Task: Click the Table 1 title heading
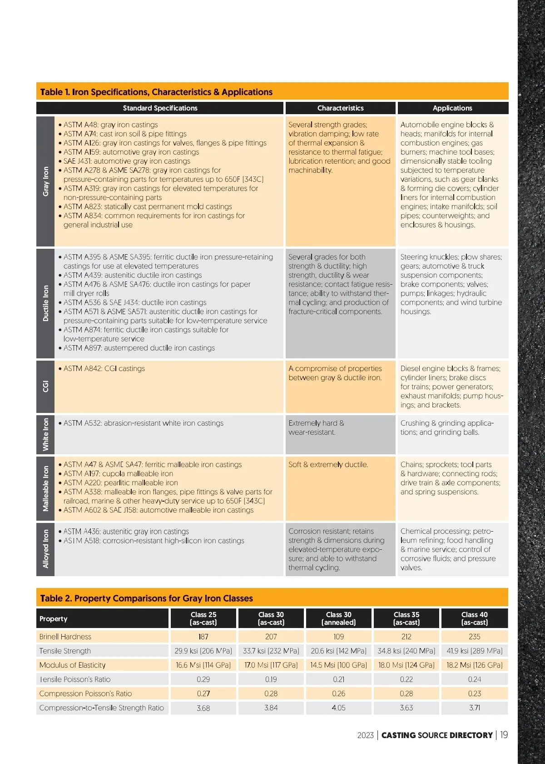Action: (x=156, y=92)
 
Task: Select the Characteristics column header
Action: (x=340, y=108)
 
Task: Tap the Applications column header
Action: (x=452, y=108)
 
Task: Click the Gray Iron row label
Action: (x=45, y=181)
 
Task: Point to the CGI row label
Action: (x=45, y=387)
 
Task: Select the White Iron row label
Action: (x=45, y=434)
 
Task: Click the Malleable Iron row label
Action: (x=45, y=488)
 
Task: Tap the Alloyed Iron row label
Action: (x=45, y=549)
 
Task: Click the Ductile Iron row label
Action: (x=45, y=303)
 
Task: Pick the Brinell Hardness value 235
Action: (x=474, y=637)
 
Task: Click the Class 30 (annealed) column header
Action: (x=339, y=618)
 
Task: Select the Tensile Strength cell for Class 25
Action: (x=203, y=651)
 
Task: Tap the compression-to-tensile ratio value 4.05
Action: (x=338, y=708)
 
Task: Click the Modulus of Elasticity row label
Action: (x=72, y=665)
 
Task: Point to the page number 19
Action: (x=504, y=735)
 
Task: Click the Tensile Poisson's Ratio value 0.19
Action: (x=271, y=679)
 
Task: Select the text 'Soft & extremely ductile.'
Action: (x=328, y=465)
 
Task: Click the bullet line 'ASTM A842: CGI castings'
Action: (x=104, y=369)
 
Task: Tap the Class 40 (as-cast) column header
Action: (x=474, y=618)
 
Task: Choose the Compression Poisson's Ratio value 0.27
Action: (x=203, y=694)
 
